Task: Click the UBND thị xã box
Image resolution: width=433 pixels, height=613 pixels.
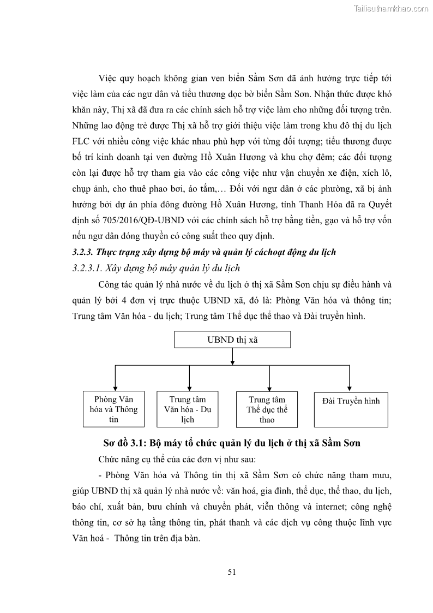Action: tap(232, 340)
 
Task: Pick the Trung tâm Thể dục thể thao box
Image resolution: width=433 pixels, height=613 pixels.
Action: tap(267, 409)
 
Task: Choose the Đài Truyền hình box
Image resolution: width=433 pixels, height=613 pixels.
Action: tap(351, 408)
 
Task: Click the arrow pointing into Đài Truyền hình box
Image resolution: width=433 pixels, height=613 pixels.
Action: tap(350, 385)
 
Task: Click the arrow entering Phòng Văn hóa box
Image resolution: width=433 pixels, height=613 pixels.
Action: tap(115, 385)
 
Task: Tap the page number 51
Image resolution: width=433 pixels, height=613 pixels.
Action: tap(231, 572)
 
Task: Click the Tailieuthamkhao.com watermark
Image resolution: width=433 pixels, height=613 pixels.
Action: tap(391, 8)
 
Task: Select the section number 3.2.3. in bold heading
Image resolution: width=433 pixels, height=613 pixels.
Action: tap(85, 252)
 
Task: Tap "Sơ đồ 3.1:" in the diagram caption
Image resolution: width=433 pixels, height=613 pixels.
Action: tap(126, 443)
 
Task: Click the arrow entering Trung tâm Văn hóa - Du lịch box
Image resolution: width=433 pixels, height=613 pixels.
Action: tap(189, 385)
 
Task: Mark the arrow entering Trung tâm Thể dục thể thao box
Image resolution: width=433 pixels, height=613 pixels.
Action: tap(269, 385)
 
